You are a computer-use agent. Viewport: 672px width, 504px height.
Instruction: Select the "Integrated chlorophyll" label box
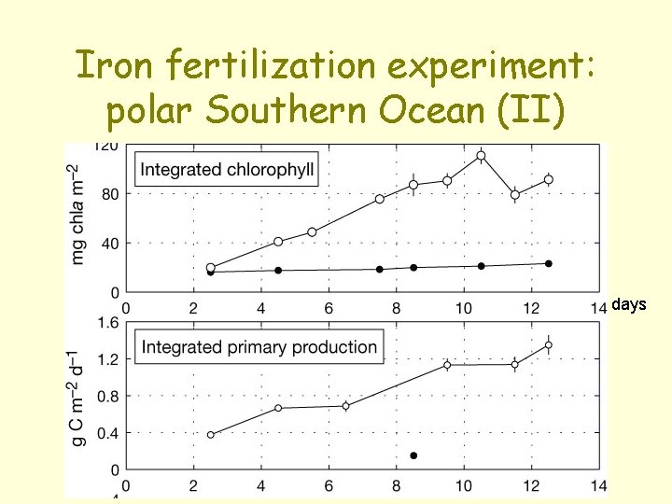pos(227,170)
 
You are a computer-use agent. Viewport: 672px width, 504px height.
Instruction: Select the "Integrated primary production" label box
pos(259,347)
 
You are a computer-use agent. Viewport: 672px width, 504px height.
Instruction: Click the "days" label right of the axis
pos(628,304)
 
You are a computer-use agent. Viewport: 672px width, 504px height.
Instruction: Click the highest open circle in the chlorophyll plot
pos(481,156)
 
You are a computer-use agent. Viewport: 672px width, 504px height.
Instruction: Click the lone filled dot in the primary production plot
pos(413,455)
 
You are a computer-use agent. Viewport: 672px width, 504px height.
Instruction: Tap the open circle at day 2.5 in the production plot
pos(210,435)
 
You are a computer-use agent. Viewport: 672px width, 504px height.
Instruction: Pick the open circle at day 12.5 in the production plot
pos(548,344)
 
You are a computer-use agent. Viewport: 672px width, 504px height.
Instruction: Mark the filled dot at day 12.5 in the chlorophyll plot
pos(548,264)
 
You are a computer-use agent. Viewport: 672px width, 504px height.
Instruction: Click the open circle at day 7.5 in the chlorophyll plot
pos(379,199)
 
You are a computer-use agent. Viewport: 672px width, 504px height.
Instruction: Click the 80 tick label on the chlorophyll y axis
pos(108,194)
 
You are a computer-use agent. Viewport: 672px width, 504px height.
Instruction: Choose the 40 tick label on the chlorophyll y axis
pos(108,243)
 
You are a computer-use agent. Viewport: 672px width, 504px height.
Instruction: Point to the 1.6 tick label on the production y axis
pos(106,322)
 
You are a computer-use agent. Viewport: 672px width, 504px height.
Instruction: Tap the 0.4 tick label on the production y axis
pos(106,432)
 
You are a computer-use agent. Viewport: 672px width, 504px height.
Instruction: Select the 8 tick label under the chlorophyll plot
pos(396,307)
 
